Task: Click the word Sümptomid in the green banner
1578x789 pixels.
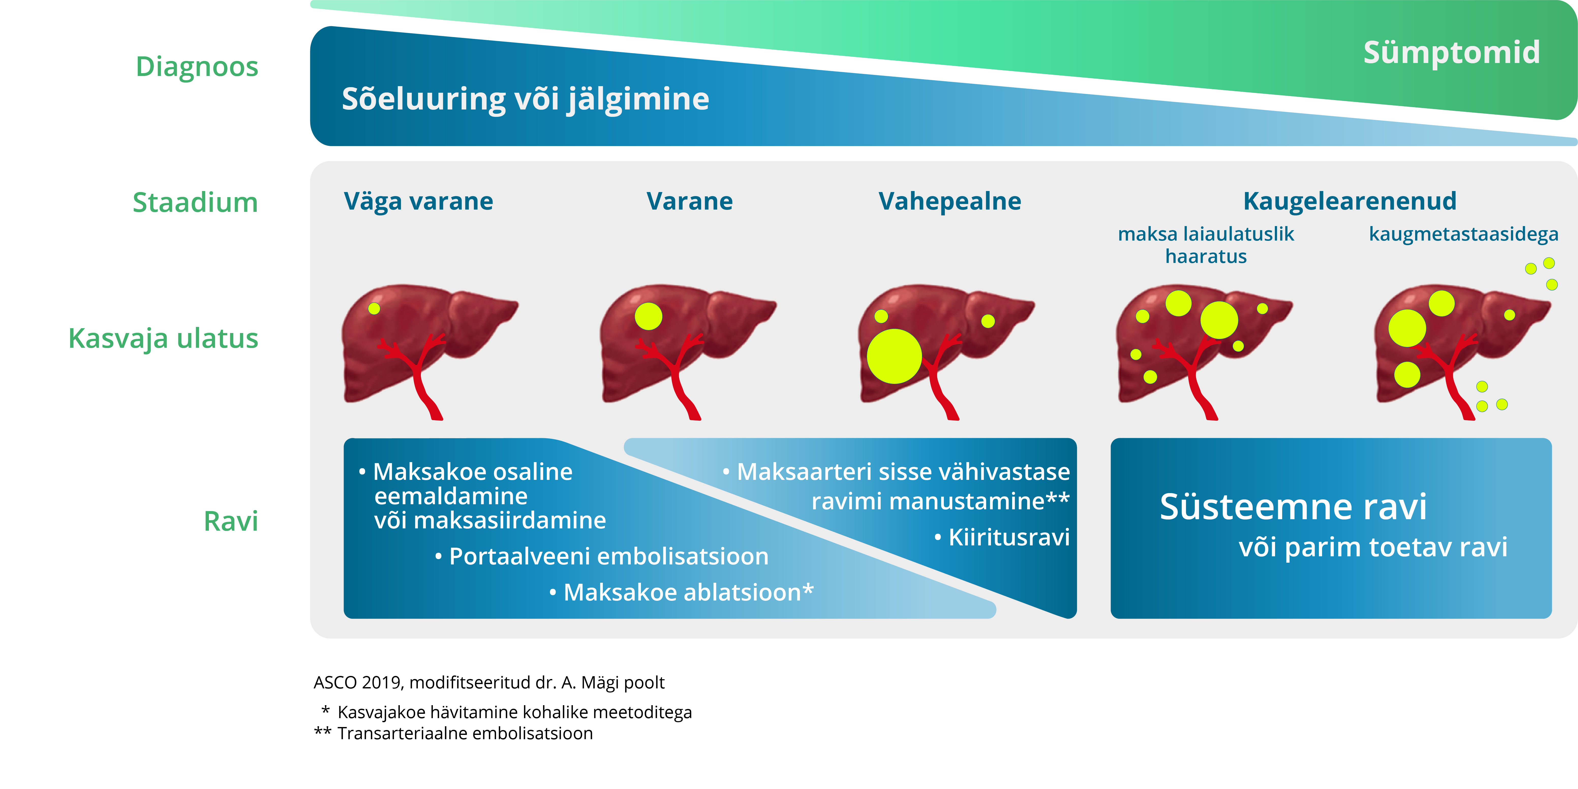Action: pos(1451,53)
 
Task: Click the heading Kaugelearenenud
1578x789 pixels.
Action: pos(1350,201)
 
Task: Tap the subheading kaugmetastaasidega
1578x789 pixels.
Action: pos(1463,234)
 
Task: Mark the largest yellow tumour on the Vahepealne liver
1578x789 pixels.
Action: pos(894,356)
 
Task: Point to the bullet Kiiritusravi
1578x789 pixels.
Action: pos(1002,538)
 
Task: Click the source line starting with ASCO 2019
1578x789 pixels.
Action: pos(489,683)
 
